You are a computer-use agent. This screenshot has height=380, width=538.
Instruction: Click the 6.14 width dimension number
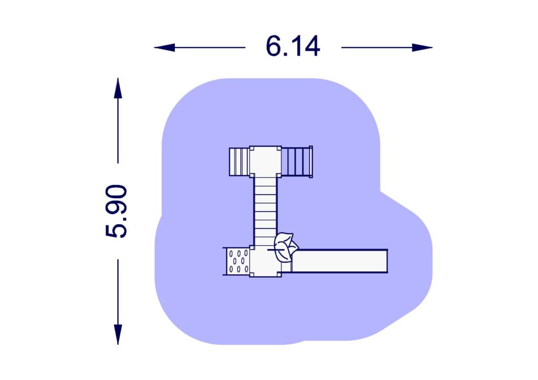(293, 47)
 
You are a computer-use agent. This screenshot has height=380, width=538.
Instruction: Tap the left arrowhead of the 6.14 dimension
(164, 48)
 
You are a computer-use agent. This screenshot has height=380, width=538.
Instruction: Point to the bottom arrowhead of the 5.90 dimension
(118, 334)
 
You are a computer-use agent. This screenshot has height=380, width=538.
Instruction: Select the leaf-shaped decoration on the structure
(285, 247)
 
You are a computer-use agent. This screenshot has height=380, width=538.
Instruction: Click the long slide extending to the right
(339, 261)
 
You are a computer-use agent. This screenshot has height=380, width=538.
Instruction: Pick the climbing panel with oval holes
(239, 261)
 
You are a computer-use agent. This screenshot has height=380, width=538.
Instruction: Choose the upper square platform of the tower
(265, 162)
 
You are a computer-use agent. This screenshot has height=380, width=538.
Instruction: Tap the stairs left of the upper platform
(239, 162)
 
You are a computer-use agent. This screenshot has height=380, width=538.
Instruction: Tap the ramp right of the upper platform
(296, 162)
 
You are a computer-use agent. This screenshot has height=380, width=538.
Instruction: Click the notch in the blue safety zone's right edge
(380, 191)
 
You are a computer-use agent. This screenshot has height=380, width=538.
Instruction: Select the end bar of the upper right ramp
(311, 162)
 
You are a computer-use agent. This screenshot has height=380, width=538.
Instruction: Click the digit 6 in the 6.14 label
(274, 47)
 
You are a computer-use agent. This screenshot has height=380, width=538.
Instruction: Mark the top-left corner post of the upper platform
(252, 149)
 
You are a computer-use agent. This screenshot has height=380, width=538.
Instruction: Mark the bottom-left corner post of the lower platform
(252, 274)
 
